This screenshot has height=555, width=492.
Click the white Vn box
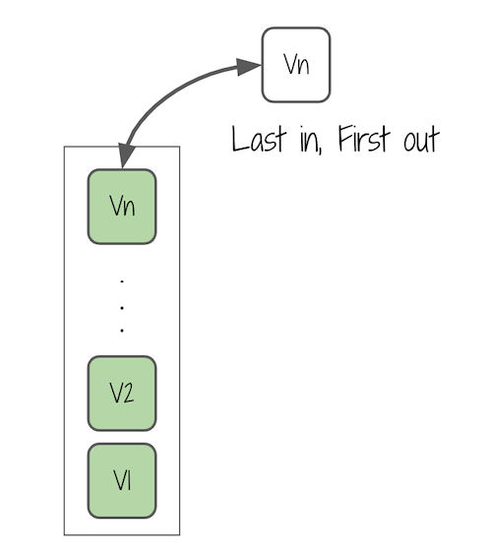point(296,65)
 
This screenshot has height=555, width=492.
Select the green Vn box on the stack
point(122,207)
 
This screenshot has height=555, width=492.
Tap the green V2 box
point(122,394)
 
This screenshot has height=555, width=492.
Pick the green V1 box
point(122,480)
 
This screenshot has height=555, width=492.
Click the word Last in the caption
point(259,139)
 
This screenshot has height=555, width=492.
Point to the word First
point(364,139)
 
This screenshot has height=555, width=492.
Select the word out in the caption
point(421,140)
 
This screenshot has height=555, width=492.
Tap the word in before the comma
point(309,140)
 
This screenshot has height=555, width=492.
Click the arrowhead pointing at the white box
point(248,66)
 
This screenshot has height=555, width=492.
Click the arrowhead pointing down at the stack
point(125,155)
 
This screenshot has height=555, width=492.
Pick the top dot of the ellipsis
point(122,281)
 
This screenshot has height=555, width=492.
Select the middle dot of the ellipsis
point(122,308)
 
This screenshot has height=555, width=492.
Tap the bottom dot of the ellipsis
point(122,331)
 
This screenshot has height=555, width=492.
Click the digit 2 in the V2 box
point(129,393)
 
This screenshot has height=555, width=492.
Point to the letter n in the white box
point(303,67)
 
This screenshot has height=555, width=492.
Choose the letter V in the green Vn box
point(116,205)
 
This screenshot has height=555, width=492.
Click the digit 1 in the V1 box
point(128,480)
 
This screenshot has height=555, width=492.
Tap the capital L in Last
point(239,139)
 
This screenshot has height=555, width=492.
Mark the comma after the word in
point(321,152)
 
